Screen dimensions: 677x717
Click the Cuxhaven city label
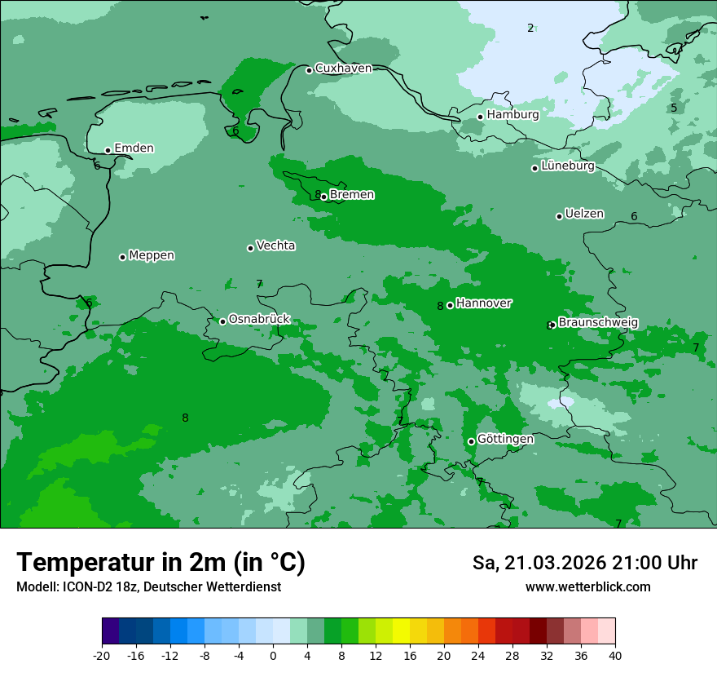(x=343, y=69)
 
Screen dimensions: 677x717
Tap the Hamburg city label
(x=512, y=115)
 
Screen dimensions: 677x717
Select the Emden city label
(x=134, y=148)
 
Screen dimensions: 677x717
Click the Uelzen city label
(x=584, y=215)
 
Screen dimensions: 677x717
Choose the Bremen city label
(x=351, y=195)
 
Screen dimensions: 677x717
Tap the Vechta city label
(x=275, y=246)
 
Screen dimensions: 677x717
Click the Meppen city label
(x=152, y=255)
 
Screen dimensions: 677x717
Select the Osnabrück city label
(x=259, y=319)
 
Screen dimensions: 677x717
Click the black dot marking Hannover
(x=450, y=305)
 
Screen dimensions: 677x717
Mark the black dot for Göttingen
(x=471, y=441)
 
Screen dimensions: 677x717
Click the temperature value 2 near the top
(x=530, y=29)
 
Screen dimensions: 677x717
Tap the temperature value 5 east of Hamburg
(x=674, y=108)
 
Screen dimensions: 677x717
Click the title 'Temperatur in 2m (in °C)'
(x=161, y=563)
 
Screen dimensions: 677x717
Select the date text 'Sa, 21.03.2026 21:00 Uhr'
(x=584, y=564)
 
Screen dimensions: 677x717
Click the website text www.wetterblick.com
(x=587, y=587)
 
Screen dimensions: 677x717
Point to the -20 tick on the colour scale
(x=102, y=656)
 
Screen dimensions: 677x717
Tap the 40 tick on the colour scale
(x=615, y=656)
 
